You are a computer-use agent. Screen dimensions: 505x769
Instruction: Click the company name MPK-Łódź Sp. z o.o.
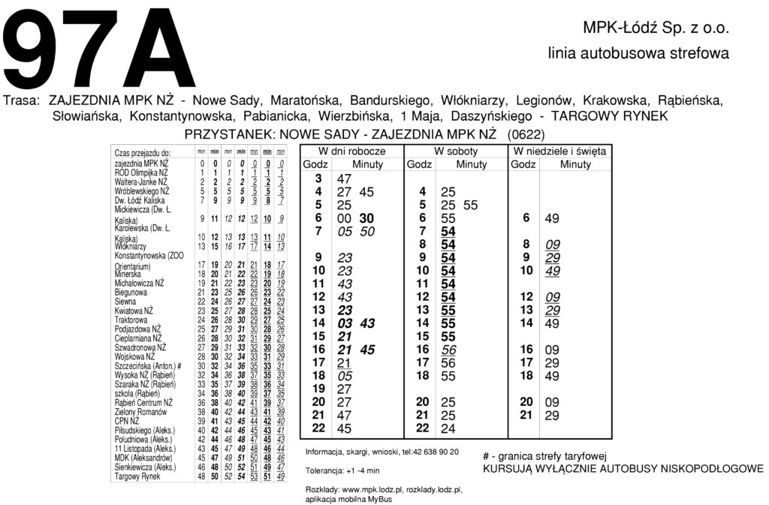(x=656, y=29)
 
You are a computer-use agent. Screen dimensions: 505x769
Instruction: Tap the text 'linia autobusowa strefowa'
(x=638, y=54)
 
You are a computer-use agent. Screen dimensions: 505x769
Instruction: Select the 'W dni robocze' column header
(x=351, y=151)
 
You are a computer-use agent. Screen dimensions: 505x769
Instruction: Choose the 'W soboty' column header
(x=456, y=151)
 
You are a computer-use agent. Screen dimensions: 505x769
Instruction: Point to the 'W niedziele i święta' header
(x=560, y=151)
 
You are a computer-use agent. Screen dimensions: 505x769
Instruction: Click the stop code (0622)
(x=526, y=134)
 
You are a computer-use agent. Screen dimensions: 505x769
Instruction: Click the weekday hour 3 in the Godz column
(x=318, y=179)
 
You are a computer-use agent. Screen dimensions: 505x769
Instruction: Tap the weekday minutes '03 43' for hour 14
(x=357, y=323)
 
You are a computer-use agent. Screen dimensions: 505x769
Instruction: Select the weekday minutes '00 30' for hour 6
(x=356, y=218)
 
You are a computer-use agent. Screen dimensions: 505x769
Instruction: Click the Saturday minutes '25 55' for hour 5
(x=459, y=205)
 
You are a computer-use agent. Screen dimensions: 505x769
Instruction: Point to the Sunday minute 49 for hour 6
(x=551, y=218)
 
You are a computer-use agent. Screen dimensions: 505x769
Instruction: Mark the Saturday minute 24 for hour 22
(x=448, y=428)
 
